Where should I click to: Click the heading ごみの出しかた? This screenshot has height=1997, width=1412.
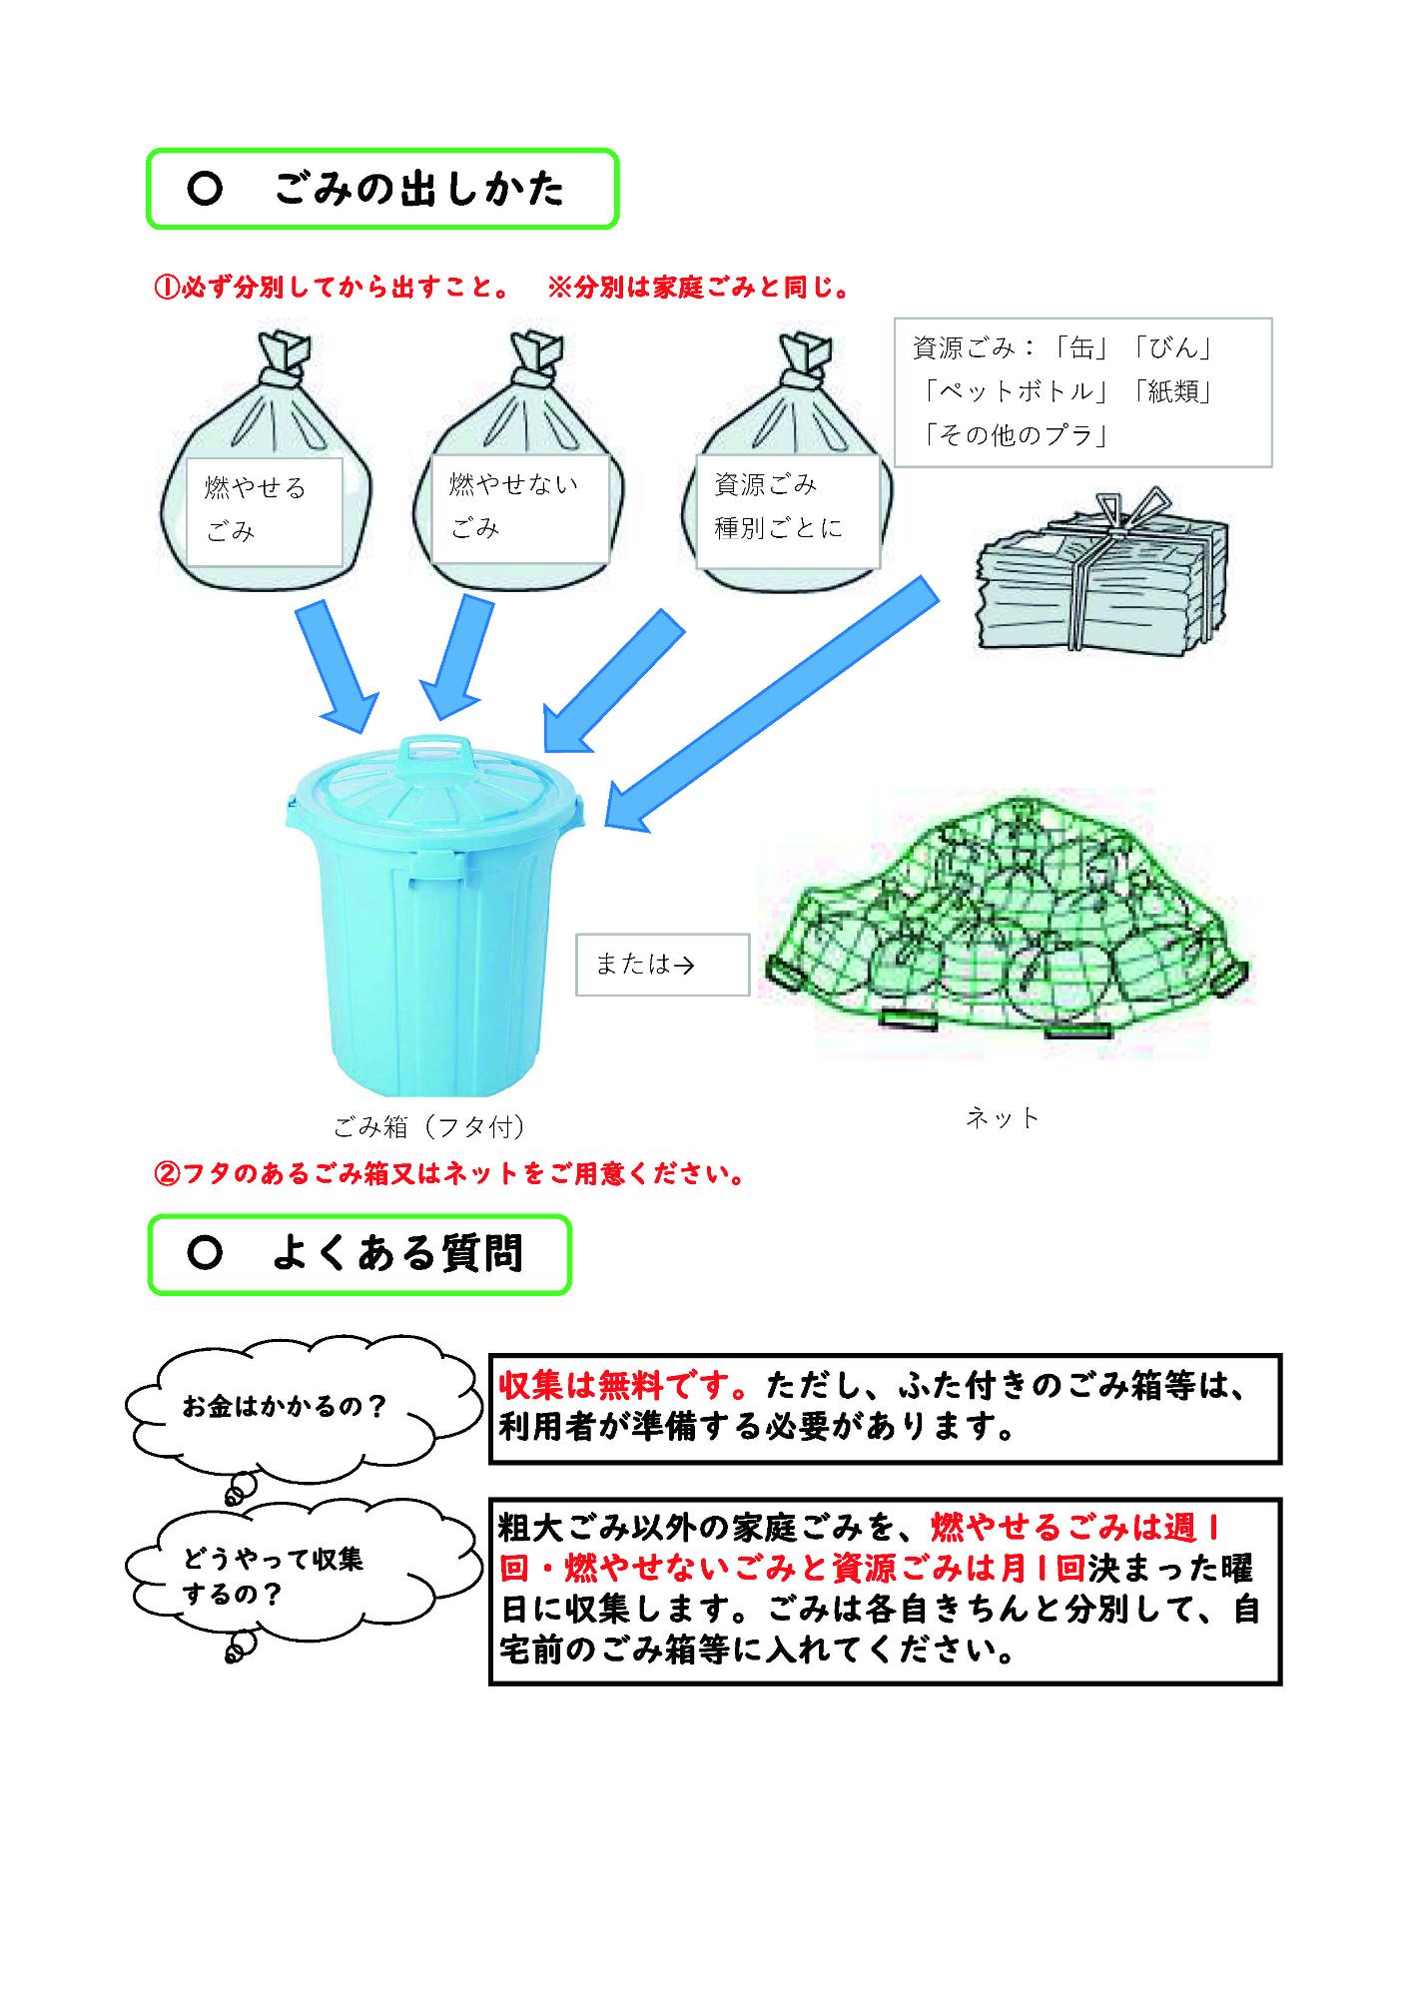pyautogui.click(x=418, y=189)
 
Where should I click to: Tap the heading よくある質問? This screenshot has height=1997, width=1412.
pyautogui.click(x=397, y=1254)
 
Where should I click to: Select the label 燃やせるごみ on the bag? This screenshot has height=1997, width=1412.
pyautogui.click(x=256, y=509)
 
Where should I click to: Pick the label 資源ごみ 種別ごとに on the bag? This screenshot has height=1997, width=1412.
pyautogui.click(x=778, y=506)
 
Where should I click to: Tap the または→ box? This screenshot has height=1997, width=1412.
pyautogui.click(x=662, y=965)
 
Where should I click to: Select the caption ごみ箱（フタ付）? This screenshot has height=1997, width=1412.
pyautogui.click(x=429, y=1127)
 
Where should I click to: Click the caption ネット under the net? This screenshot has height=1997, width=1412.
pyautogui.click(x=1003, y=1118)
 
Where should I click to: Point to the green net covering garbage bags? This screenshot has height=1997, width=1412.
pyautogui.click(x=1008, y=918)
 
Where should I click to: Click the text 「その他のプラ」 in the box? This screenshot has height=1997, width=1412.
pyautogui.click(x=1016, y=435)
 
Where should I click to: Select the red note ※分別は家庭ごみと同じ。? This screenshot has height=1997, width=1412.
pyautogui.click(x=700, y=289)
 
